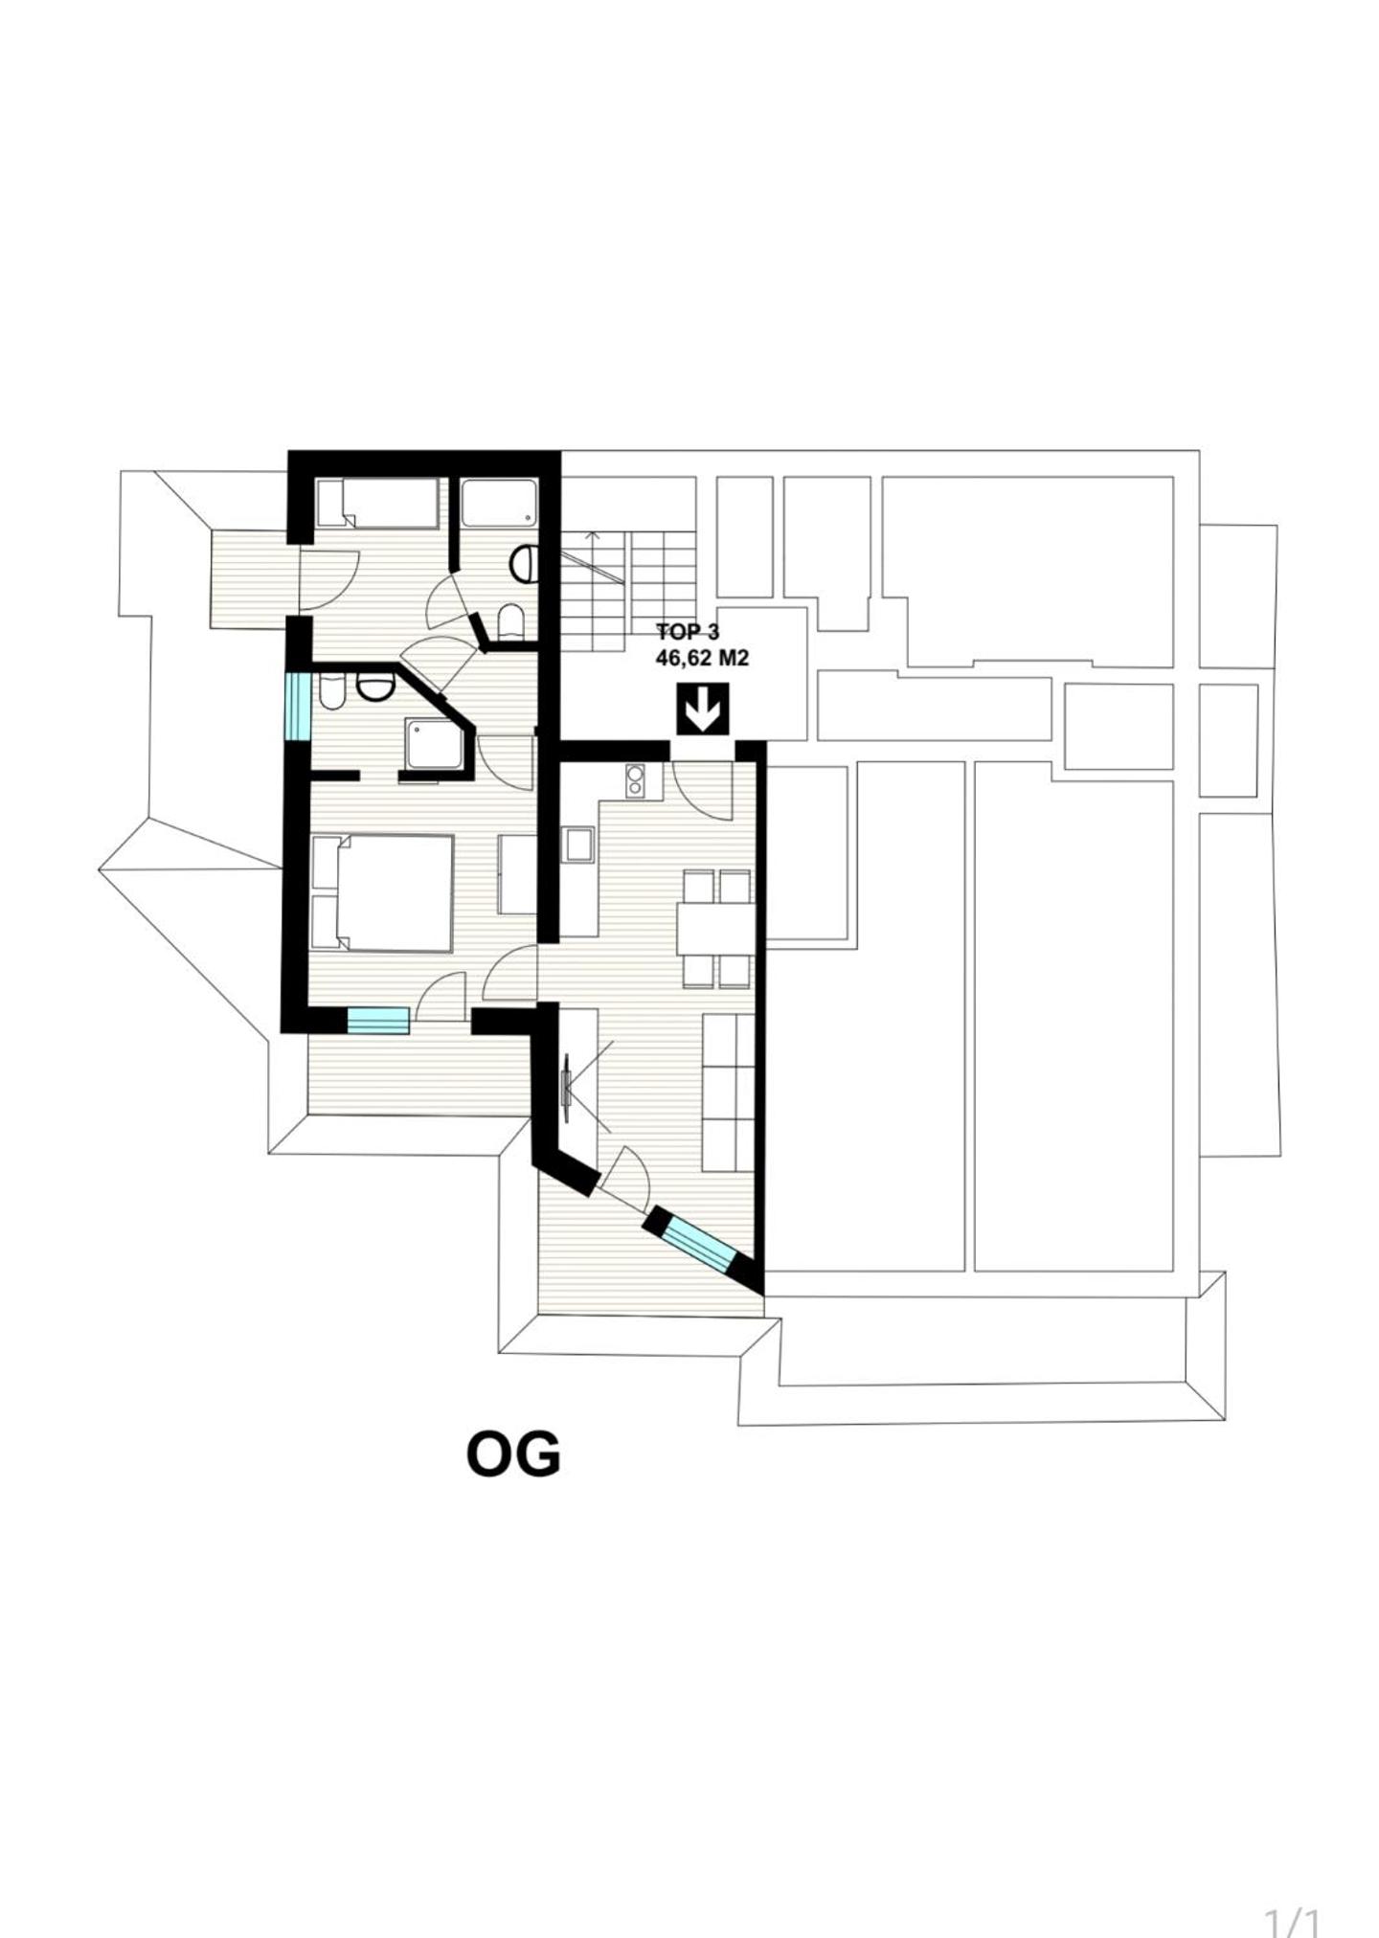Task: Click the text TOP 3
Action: coord(687,632)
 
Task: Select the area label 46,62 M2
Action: coord(701,658)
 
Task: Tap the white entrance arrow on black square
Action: coord(704,709)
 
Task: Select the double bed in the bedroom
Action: coord(383,892)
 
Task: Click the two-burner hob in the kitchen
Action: coord(634,781)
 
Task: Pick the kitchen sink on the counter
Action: coord(577,845)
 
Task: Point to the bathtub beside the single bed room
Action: coord(499,502)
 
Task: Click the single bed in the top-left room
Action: coord(377,503)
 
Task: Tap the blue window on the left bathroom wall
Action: coord(298,706)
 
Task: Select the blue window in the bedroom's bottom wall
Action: coord(377,1020)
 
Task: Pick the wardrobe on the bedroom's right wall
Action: coord(517,874)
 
